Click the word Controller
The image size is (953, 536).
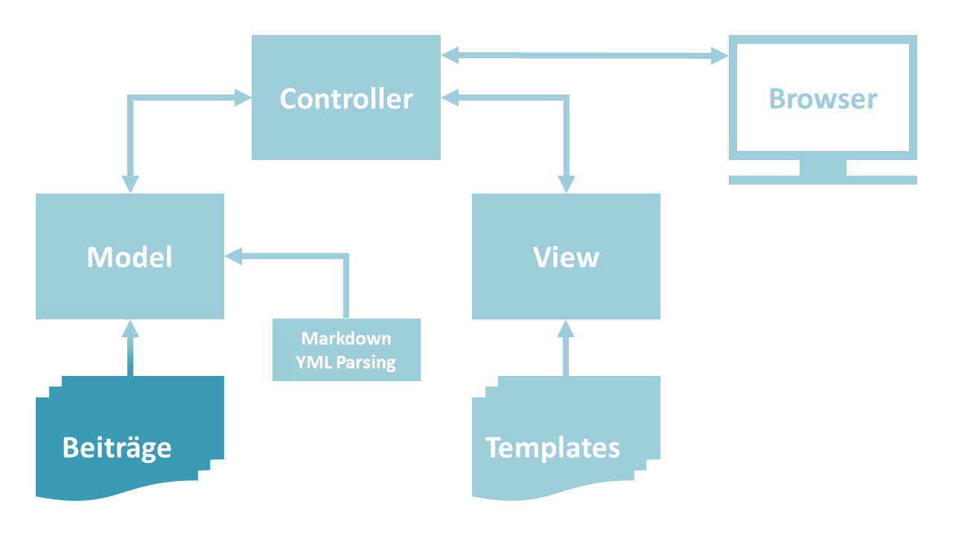coord(346,99)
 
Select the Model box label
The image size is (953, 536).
coord(130,257)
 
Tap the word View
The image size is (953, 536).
coord(566,257)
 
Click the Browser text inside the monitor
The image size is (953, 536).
coord(823,99)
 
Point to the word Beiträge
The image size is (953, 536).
coord(117,447)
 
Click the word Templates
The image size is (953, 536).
coord(552,447)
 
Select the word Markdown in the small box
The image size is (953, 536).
coord(346,339)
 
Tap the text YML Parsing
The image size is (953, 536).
coord(346,363)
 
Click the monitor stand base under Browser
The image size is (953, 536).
coord(823,179)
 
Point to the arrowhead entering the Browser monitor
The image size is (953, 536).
coord(719,55)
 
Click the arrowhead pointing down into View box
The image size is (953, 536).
coord(567,184)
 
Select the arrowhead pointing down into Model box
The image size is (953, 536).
coord(130,184)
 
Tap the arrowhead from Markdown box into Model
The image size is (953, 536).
coord(233,256)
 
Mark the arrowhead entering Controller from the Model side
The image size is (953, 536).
coord(243,97)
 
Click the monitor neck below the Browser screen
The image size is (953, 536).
coord(823,167)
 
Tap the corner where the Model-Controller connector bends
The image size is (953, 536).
coord(130,97)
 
